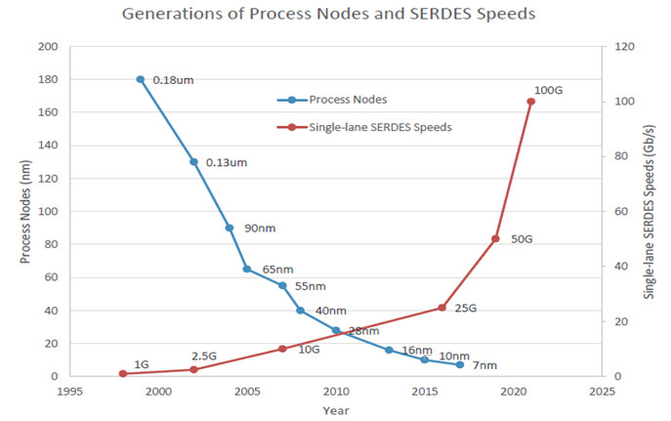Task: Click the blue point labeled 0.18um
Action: [141, 79]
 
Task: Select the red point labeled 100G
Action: [531, 102]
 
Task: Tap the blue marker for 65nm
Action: [247, 269]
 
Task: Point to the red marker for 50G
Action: [495, 238]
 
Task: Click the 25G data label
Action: [465, 309]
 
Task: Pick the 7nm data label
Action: [483, 365]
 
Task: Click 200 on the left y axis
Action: [48, 47]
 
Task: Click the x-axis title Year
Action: [335, 411]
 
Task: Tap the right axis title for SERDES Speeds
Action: [649, 211]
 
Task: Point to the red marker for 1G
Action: [123, 373]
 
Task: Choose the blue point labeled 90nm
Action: [230, 228]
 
